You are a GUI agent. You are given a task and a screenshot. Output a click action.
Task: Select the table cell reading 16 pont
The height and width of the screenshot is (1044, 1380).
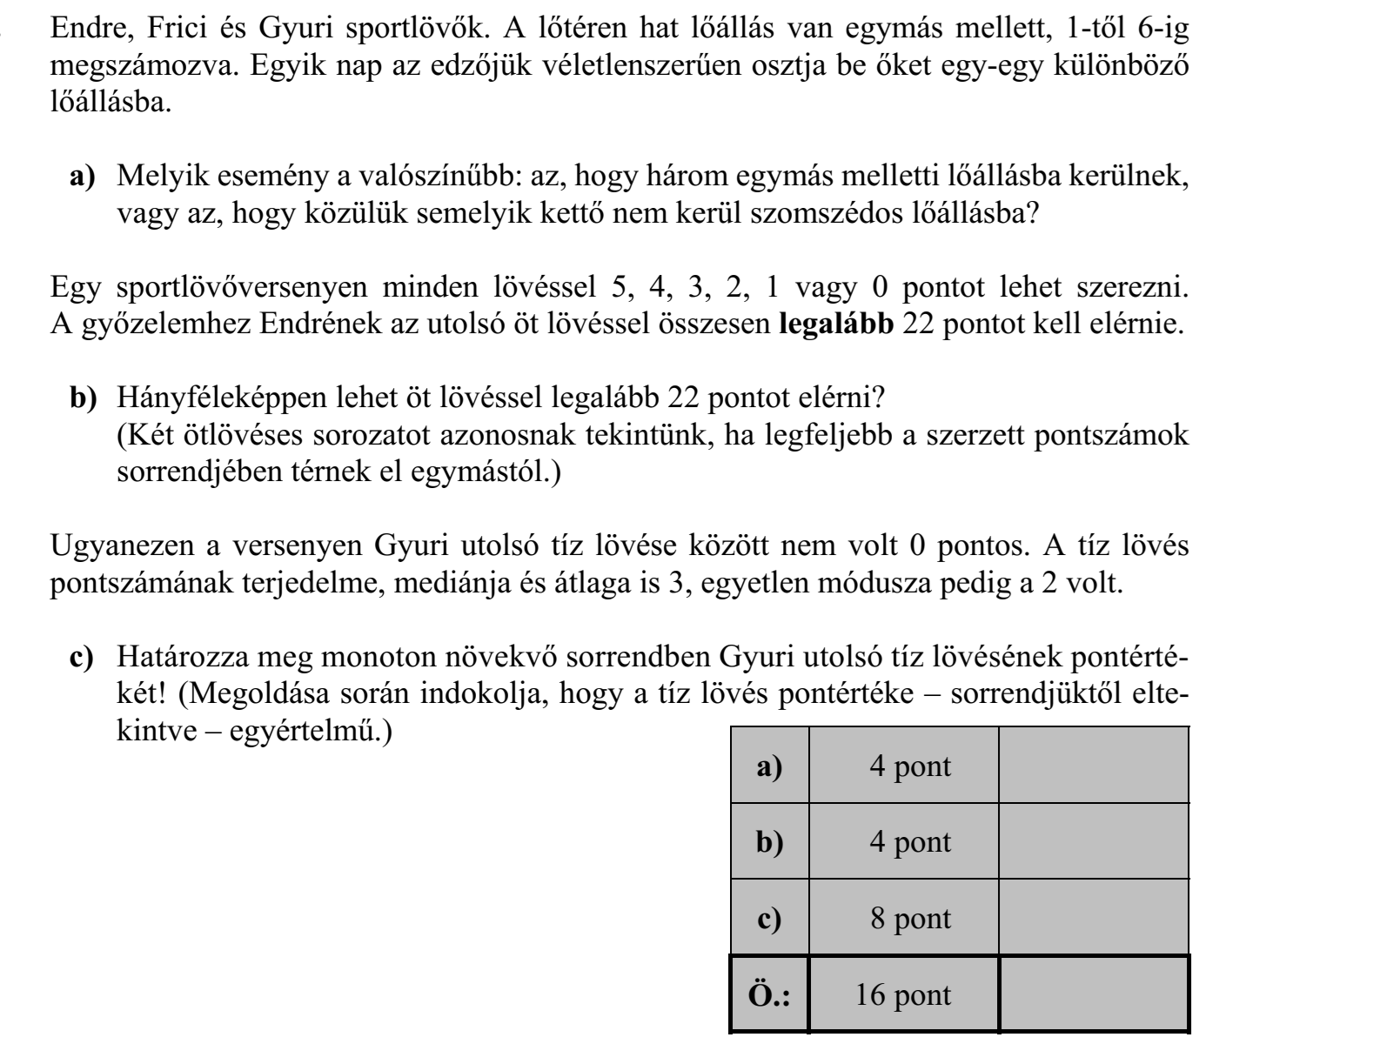click(x=903, y=995)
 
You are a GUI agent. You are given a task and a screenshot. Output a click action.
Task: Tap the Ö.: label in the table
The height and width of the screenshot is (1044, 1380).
click(x=769, y=995)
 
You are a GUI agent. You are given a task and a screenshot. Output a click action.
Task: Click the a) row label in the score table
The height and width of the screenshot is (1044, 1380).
click(x=769, y=766)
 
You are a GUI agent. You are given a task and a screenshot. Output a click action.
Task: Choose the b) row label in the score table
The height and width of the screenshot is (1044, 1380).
click(x=769, y=842)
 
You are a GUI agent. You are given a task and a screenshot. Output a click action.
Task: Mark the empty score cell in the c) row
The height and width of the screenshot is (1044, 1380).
click(x=1093, y=919)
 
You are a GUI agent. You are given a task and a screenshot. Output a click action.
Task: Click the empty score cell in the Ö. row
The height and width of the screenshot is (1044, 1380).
click(x=1093, y=995)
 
